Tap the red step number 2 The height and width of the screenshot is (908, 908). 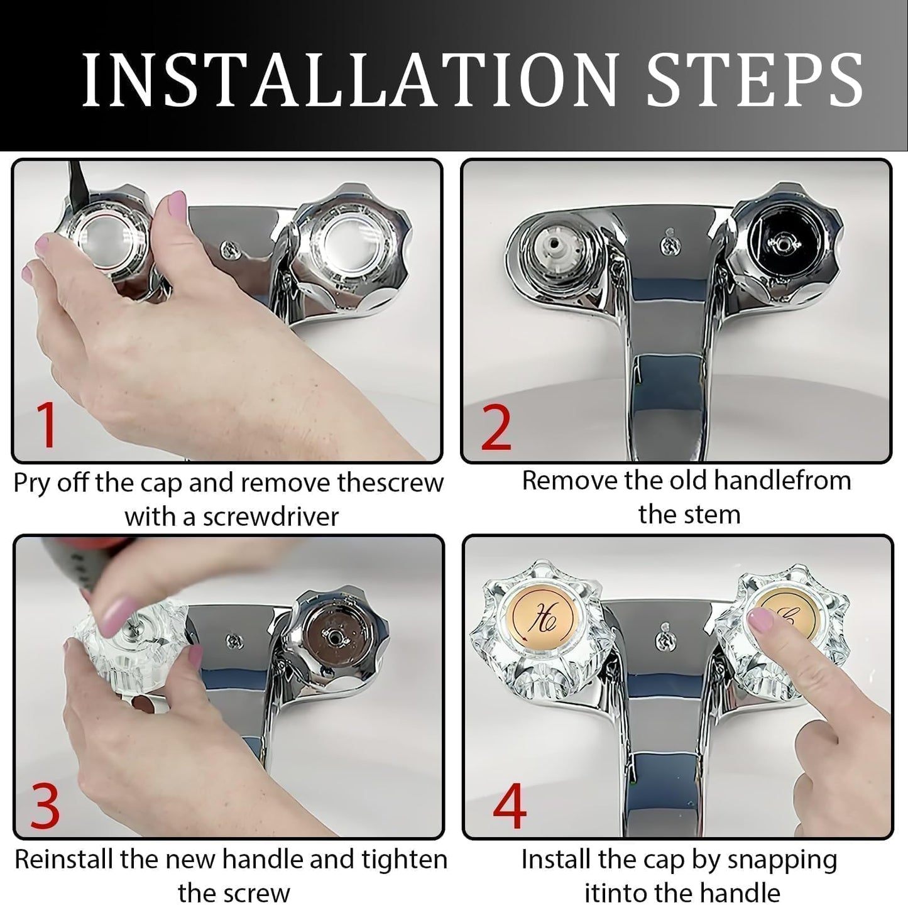(496, 428)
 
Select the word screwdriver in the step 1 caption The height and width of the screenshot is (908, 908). (270, 517)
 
